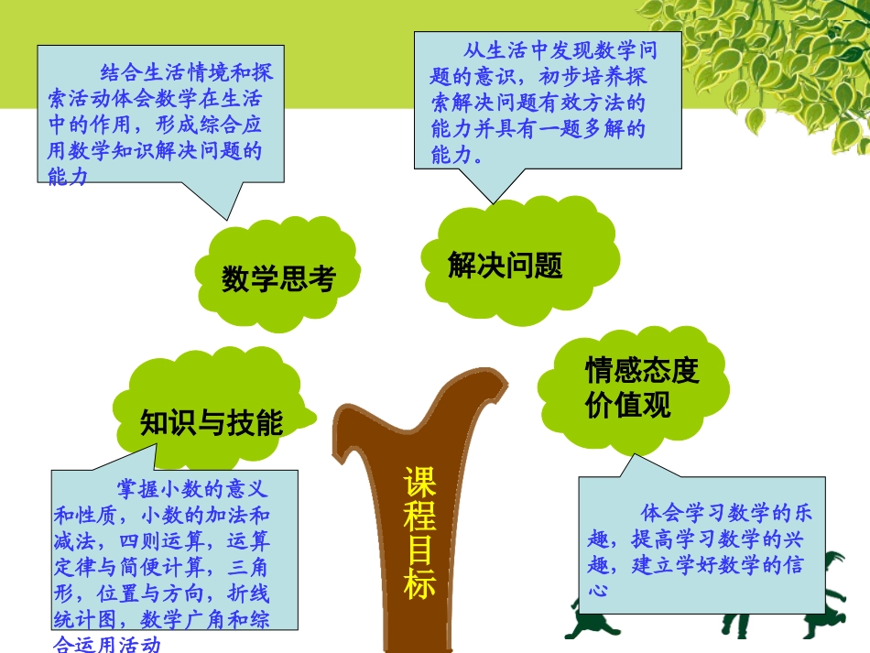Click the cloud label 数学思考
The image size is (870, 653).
point(278,278)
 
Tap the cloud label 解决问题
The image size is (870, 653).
point(505,265)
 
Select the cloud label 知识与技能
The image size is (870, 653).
point(212,422)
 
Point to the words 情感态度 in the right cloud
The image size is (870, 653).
point(642,371)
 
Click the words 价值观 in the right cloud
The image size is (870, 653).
point(628,404)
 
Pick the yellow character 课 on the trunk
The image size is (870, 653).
point(420,483)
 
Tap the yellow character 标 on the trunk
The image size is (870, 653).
point(420,582)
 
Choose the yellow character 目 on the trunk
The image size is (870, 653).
point(420,550)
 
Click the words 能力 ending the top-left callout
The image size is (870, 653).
point(68,177)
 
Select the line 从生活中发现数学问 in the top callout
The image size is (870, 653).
point(560,51)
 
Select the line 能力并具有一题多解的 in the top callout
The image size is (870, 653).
point(538,129)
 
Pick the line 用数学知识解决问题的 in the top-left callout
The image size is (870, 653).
point(155,150)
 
